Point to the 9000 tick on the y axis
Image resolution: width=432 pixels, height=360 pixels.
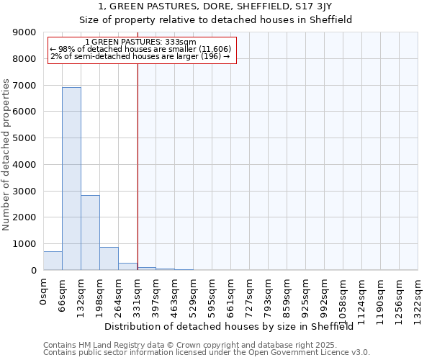(x=26, y=32)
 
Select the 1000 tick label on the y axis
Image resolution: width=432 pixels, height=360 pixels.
(x=26, y=244)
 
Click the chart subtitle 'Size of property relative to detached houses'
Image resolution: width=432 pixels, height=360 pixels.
(x=215, y=20)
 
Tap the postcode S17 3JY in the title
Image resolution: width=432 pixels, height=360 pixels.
(x=312, y=6)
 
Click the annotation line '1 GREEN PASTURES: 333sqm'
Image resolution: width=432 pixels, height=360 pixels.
(x=140, y=42)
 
